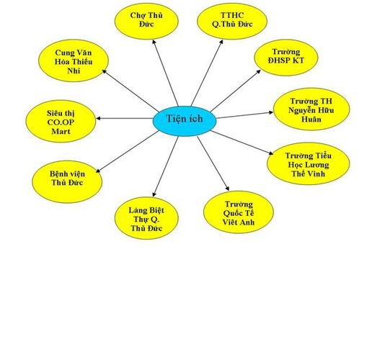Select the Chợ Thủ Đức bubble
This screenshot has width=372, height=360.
146,21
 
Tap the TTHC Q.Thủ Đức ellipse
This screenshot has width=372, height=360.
232,21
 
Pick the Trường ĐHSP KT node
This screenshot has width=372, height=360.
286,58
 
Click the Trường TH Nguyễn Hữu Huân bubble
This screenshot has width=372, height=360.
311,109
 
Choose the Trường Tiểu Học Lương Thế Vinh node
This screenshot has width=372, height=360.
309,164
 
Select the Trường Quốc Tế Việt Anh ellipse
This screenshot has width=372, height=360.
239,212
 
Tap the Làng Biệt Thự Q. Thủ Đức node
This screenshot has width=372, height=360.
146,218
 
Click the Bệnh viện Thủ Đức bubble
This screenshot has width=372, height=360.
67,181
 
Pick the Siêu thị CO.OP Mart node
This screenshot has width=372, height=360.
61,121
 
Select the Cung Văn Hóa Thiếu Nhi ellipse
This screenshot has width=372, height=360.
74,60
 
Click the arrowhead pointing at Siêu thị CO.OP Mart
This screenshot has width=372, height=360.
98,118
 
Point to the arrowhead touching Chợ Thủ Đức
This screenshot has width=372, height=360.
154,42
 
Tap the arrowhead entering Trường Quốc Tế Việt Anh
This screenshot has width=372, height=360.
227,189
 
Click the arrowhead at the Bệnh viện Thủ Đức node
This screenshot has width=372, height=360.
98,171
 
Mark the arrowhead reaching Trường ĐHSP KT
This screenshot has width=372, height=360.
259,71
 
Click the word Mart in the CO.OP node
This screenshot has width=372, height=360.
61,132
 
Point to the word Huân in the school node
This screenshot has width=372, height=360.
311,120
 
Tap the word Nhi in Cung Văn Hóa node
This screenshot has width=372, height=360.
74,71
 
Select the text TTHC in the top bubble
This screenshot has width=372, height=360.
232,15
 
